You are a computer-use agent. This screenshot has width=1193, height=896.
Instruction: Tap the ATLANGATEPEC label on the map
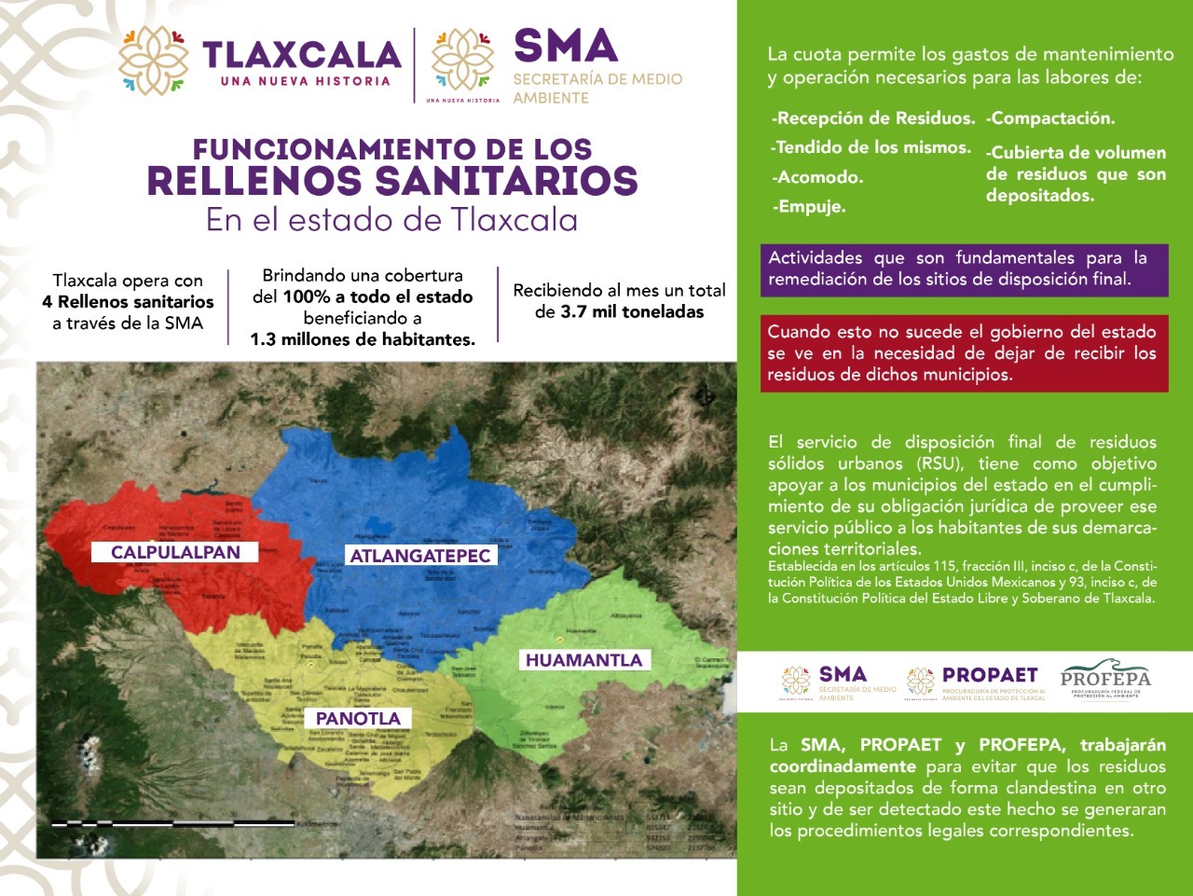(x=419, y=556)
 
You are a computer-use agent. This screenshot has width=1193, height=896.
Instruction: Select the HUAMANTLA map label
(x=583, y=660)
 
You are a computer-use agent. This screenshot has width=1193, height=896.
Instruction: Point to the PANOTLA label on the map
(x=358, y=718)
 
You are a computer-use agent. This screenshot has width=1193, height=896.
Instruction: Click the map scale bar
(x=173, y=823)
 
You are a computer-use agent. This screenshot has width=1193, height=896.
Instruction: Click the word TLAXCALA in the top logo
(x=300, y=55)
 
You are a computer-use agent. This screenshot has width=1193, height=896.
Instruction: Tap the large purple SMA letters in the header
(x=566, y=46)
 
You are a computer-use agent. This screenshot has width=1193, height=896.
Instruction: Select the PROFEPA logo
(x=1105, y=682)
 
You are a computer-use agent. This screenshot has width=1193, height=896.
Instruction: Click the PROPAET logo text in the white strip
(x=989, y=674)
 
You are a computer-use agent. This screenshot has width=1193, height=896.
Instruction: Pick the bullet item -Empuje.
(x=809, y=207)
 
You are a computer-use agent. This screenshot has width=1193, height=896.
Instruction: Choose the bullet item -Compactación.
(x=1050, y=118)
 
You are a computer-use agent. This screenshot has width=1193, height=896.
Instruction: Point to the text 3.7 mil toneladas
(x=632, y=311)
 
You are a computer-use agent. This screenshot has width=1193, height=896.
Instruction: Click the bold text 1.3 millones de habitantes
(x=363, y=339)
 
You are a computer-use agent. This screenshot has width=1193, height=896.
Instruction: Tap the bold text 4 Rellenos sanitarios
(x=128, y=301)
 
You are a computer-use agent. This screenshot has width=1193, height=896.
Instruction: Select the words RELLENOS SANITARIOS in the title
(x=391, y=180)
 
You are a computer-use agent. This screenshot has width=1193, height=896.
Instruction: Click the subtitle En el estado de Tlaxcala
(x=391, y=219)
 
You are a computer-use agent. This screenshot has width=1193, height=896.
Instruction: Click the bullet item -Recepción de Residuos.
(x=873, y=118)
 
